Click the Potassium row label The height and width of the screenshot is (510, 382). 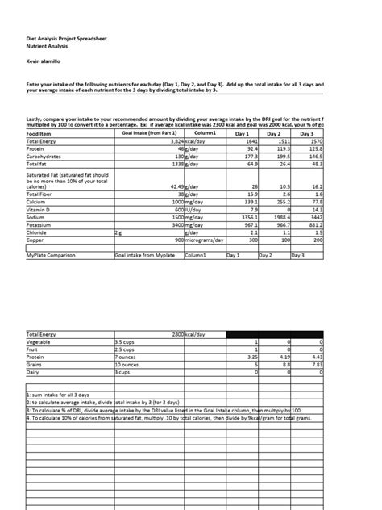pos(42,224)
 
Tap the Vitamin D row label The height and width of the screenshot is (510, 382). pos(40,210)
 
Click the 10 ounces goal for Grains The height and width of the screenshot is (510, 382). pos(129,365)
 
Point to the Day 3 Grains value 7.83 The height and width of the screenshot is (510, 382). pos(315,365)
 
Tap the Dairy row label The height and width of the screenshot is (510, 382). pos(35,373)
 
